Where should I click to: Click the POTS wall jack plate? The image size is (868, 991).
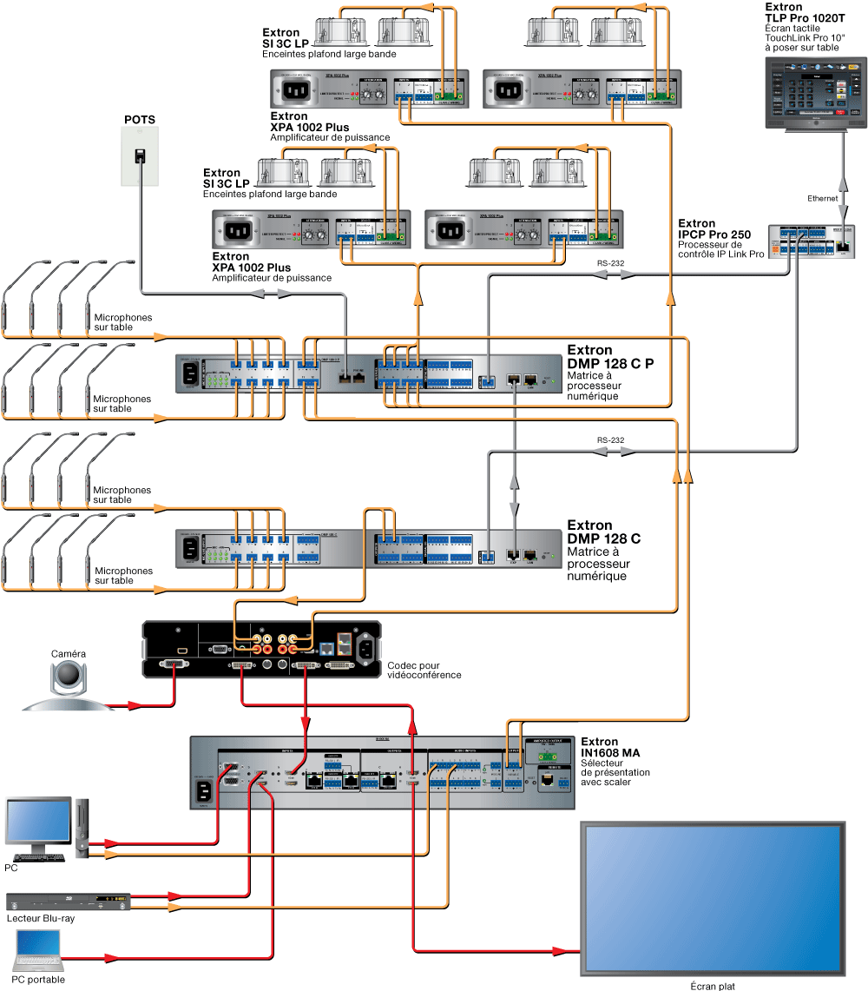138,156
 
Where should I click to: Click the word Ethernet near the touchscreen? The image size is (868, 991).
824,198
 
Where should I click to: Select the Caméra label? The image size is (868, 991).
69,653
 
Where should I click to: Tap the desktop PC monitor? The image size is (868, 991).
38,823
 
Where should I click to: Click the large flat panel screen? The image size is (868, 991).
712,899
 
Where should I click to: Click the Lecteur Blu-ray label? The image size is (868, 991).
40,918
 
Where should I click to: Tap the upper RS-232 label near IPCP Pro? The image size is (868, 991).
610,262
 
